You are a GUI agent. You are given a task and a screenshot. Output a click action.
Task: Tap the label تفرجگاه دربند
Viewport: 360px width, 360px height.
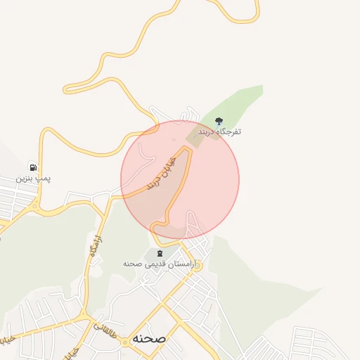[x=219, y=131]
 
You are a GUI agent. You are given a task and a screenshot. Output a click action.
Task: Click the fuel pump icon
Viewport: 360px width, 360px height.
[x=33, y=167]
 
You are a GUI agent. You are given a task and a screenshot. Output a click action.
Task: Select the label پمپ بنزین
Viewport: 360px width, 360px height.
[x=34, y=179]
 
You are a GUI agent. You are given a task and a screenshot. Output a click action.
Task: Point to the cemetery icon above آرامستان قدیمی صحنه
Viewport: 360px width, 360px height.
[x=159, y=253]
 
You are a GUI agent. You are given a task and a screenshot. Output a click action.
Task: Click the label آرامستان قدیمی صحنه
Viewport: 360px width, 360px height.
[x=158, y=264]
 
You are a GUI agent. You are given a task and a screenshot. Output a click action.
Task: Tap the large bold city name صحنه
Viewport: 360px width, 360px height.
[x=148, y=338]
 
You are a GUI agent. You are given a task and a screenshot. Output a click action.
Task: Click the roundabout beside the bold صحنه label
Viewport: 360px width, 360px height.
[x=125, y=341]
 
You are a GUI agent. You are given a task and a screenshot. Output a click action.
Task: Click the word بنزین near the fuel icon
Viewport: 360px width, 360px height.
[x=25, y=179]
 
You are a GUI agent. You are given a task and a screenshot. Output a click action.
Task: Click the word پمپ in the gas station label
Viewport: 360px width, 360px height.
[x=44, y=179]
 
